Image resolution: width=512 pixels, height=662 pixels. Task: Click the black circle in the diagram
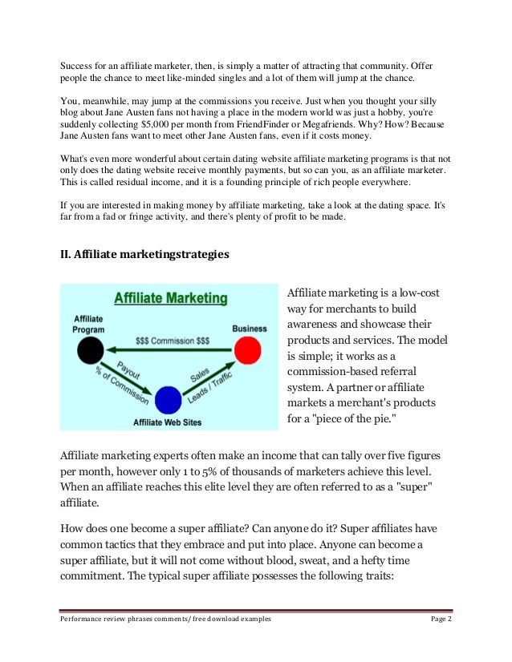[91, 349]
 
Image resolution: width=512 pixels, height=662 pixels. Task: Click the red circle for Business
[248, 349]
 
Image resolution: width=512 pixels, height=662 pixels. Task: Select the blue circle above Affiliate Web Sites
[168, 398]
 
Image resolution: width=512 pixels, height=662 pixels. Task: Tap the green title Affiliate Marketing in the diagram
[170, 299]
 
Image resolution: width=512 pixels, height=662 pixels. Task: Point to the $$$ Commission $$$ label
[172, 341]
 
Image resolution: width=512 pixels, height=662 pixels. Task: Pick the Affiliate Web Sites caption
[167, 422]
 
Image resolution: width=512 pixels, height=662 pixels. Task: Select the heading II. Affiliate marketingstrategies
[144, 255]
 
